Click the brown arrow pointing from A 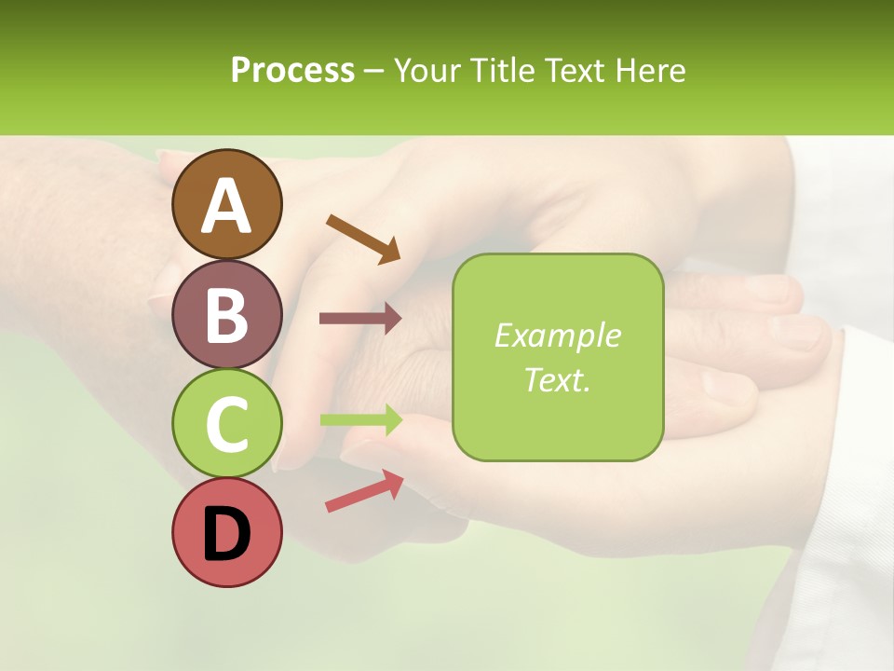(x=363, y=239)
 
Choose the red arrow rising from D (x=364, y=490)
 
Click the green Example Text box (x=558, y=357)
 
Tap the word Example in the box (x=558, y=335)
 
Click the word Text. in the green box (x=558, y=379)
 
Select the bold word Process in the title (x=292, y=70)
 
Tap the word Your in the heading (x=427, y=70)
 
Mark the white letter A (x=226, y=205)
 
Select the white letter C (x=226, y=423)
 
